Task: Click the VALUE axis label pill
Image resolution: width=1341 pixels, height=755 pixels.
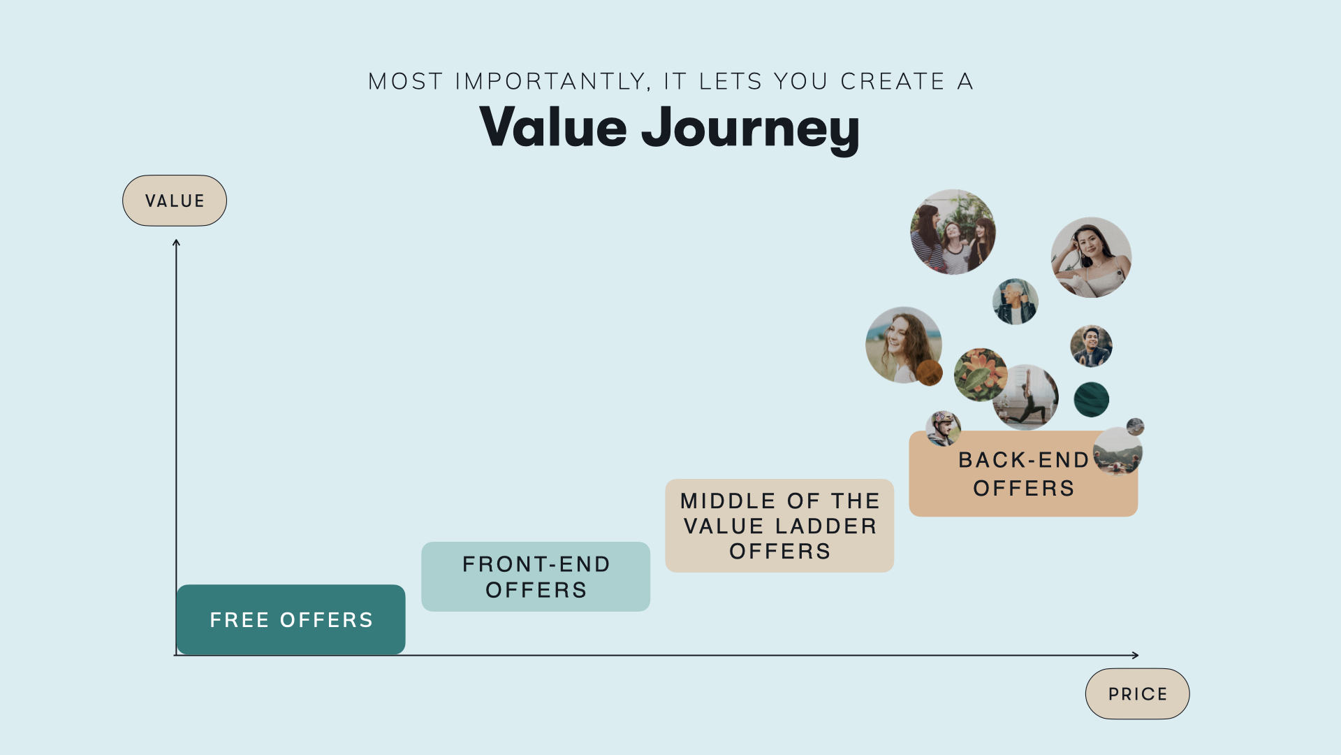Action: (175, 201)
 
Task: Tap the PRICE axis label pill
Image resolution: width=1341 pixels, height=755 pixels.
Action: (1137, 693)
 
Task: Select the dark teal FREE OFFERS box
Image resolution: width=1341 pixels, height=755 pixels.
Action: (291, 619)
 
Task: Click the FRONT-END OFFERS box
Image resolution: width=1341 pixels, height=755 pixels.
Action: (536, 577)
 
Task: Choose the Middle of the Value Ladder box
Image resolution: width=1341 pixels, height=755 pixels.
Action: (779, 526)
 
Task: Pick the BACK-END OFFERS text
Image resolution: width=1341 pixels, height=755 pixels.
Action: (1023, 474)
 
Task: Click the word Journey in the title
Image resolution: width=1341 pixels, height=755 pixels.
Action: (750, 128)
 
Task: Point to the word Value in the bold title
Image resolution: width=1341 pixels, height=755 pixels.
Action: (553, 128)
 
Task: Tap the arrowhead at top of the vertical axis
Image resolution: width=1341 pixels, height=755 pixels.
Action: (176, 243)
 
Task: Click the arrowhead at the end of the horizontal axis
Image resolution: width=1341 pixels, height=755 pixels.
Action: (1135, 655)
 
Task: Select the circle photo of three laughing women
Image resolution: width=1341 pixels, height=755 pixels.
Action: (953, 232)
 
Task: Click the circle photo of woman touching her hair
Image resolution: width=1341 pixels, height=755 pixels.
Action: (1091, 257)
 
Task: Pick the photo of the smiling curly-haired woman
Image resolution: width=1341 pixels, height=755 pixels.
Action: (901, 344)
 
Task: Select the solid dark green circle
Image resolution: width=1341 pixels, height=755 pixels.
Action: (1091, 400)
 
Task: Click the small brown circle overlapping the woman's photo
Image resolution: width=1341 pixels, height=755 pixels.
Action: (929, 373)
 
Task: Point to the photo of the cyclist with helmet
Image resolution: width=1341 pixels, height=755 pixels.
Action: (943, 428)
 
